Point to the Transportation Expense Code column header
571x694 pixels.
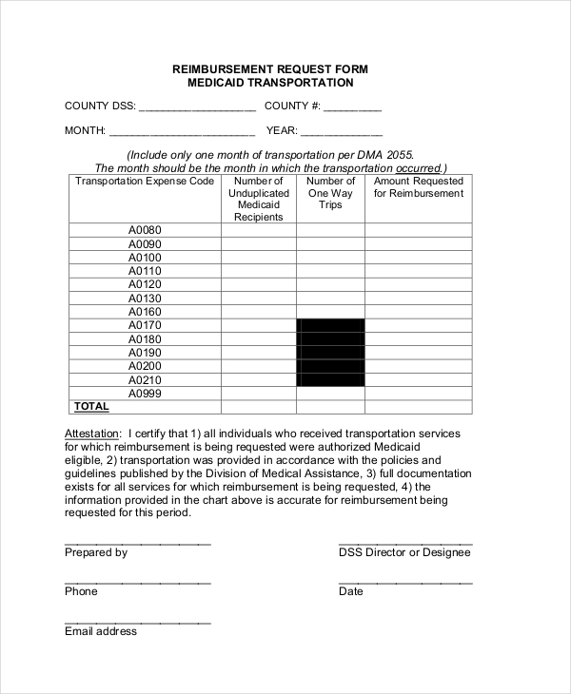145,181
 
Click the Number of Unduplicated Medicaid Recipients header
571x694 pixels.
259,199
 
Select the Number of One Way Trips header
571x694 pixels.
330,193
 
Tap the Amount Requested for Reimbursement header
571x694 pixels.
418,187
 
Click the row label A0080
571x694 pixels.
146,230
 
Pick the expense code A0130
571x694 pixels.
146,299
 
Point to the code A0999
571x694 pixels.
146,394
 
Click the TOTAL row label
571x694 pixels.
91,407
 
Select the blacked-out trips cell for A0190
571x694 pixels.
330,353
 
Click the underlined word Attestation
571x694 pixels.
93,434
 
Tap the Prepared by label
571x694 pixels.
96,552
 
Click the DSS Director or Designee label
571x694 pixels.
404,552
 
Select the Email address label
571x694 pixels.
101,631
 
